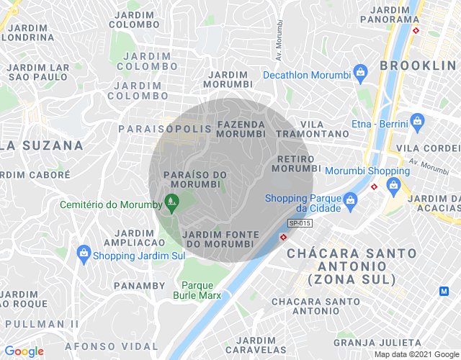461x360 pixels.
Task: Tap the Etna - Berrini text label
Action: [380, 123]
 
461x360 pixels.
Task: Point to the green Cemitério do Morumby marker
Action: [171, 204]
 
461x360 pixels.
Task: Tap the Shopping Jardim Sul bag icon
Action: [84, 253]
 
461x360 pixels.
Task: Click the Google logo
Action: [24, 351]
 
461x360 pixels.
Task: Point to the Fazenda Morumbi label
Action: [241, 129]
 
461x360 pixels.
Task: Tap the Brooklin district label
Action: [419, 66]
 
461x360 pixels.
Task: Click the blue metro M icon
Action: [444, 291]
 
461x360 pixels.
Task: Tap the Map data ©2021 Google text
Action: [416, 354]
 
